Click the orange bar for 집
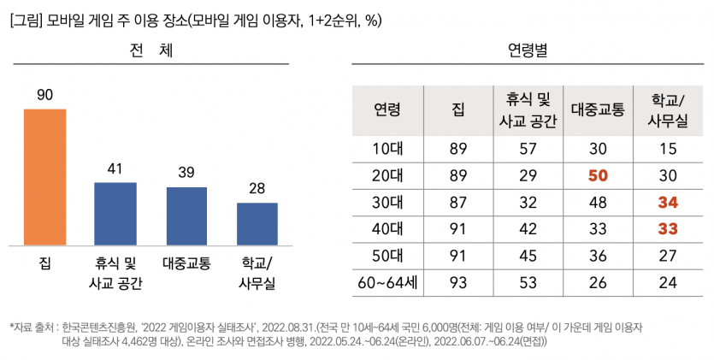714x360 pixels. [44, 177]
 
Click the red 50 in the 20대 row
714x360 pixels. [598, 175]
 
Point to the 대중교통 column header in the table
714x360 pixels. [598, 109]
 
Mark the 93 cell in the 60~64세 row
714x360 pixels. [458, 281]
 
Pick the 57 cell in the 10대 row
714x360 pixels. [528, 149]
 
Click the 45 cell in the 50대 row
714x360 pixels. [528, 255]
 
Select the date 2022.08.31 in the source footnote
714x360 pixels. [287, 328]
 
